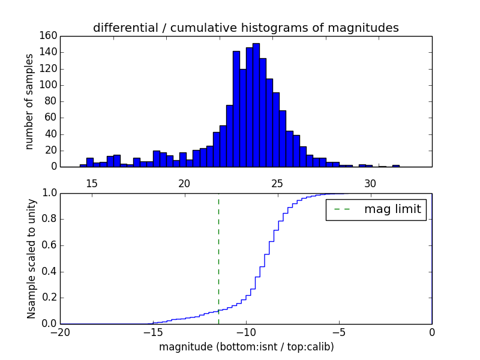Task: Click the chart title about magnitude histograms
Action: (245, 28)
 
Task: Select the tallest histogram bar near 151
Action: (256, 105)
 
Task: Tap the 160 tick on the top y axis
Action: (50, 36)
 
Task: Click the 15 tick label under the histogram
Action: (92, 183)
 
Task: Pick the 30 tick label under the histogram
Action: (370, 183)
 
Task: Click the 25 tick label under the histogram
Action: (278, 183)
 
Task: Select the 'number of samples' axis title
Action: (29, 101)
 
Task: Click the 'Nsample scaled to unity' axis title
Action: (31, 259)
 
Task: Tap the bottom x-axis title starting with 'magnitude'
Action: (246, 347)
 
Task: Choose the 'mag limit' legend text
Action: (392, 210)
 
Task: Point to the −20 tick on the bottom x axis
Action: (61, 332)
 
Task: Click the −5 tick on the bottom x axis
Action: (338, 332)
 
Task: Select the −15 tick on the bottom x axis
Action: (152, 332)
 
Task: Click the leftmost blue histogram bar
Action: (83, 166)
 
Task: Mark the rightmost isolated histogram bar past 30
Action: (396, 166)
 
